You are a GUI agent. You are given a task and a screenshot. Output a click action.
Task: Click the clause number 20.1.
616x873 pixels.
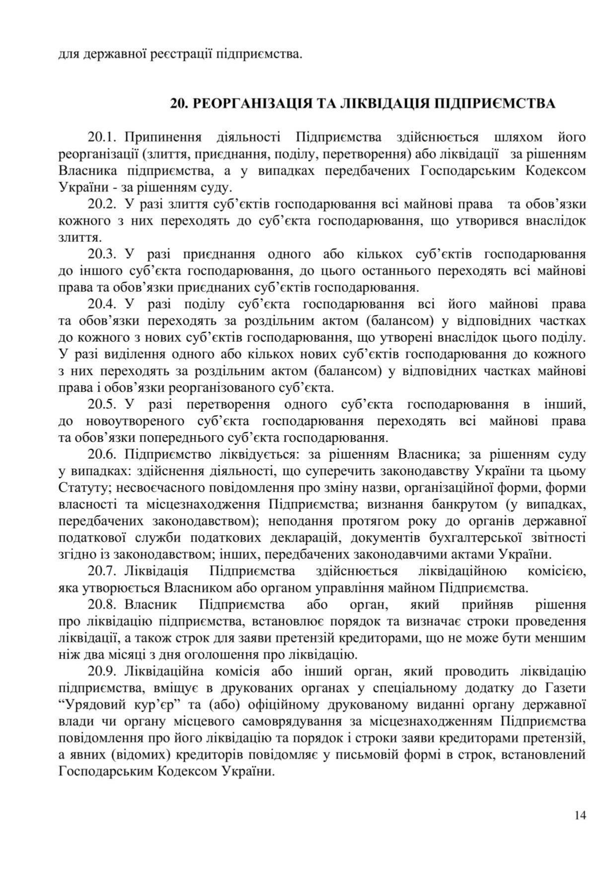pyautogui.click(x=102, y=137)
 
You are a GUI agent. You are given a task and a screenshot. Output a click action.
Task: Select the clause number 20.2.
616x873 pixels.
pyautogui.click(x=102, y=204)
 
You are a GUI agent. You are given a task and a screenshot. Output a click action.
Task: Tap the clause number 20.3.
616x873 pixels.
pyautogui.click(x=102, y=254)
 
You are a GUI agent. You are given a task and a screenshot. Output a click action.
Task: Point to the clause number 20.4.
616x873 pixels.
pyautogui.click(x=102, y=304)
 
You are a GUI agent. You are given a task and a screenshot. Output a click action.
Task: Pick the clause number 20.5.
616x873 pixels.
pyautogui.click(x=102, y=404)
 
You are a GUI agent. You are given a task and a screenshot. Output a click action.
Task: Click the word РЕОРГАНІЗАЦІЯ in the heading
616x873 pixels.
pyautogui.click(x=251, y=103)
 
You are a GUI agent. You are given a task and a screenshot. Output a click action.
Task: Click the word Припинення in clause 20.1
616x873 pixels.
pyautogui.click(x=163, y=137)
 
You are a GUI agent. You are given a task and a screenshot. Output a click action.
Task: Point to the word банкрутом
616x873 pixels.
pyautogui.click(x=464, y=504)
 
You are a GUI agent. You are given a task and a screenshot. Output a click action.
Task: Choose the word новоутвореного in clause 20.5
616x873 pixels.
pyautogui.click(x=129, y=421)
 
